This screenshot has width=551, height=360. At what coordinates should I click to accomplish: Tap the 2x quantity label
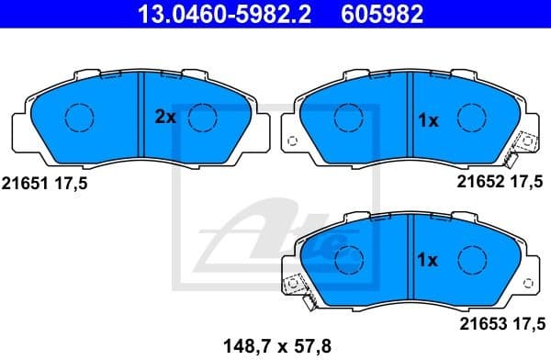pyautogui.click(x=164, y=118)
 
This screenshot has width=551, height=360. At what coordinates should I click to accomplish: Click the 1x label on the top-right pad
pyautogui.click(x=428, y=119)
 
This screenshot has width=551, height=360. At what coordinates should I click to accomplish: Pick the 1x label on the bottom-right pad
pyautogui.click(x=428, y=260)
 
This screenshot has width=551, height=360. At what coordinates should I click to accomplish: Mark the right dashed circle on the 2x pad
pyautogui.click(x=202, y=116)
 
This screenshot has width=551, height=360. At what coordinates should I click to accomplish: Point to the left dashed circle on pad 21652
pyautogui.click(x=346, y=117)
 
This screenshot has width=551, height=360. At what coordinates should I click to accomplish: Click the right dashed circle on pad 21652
pyautogui.click(x=470, y=117)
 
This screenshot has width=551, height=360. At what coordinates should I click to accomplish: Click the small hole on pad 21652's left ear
pyautogui.click(x=292, y=141)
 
